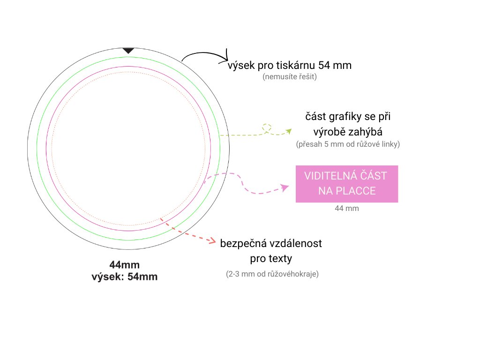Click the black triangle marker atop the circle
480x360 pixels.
coord(128,50)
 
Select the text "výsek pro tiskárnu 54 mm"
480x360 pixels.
coord(289,65)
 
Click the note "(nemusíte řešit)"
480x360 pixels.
coord(290,76)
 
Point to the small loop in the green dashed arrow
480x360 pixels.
coord(267,127)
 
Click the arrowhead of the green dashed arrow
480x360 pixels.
coord(288,131)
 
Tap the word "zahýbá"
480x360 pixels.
coord(366,131)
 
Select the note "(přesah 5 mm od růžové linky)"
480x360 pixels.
coord(348,144)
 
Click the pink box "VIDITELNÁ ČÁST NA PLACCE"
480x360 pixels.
coord(346,184)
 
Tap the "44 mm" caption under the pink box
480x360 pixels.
coord(347,208)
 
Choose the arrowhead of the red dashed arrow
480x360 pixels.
coord(214,240)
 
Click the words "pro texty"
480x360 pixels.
coord(270,258)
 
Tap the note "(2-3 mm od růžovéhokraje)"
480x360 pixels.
coord(272,274)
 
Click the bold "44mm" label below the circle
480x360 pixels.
coord(124,265)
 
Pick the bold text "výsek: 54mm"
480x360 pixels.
coord(124,277)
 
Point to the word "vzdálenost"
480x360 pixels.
coord(295,244)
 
